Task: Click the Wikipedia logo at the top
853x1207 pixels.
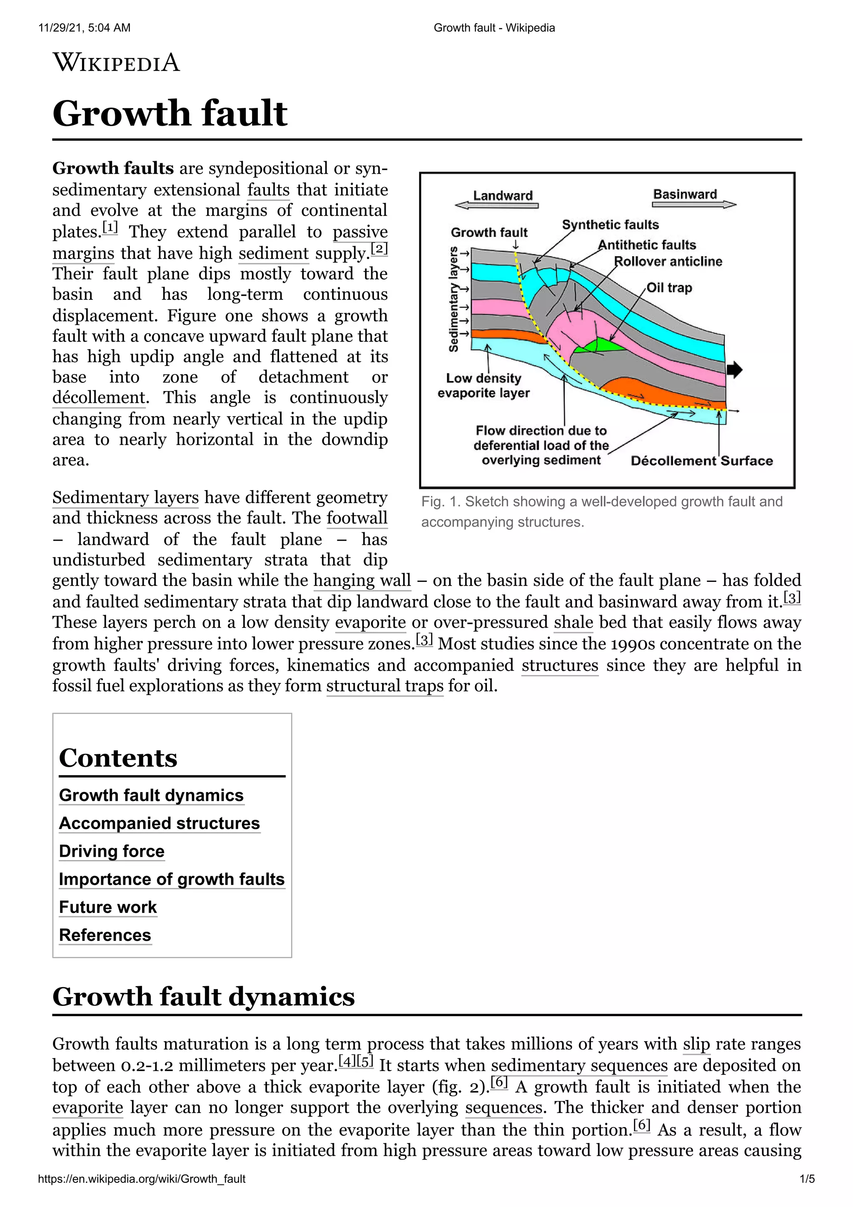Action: [x=116, y=62]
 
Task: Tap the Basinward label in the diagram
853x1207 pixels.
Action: [x=685, y=194]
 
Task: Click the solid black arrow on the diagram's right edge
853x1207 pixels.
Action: [x=734, y=369]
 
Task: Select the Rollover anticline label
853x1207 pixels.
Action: [x=668, y=261]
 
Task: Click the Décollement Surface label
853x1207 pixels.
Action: [x=702, y=461]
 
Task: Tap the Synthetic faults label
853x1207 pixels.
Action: [x=610, y=225]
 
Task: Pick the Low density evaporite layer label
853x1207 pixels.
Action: [x=484, y=385]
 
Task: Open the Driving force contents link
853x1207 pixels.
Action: [x=112, y=851]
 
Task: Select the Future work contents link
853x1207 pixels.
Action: [x=108, y=907]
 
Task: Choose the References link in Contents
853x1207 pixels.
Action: [x=105, y=935]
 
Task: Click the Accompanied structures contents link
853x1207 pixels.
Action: [x=159, y=823]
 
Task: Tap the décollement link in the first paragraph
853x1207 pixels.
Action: [x=99, y=398]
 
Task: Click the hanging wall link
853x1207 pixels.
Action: [x=362, y=580]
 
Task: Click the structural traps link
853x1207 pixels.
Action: [x=385, y=686]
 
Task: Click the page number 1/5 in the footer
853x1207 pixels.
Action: [x=807, y=1179]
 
